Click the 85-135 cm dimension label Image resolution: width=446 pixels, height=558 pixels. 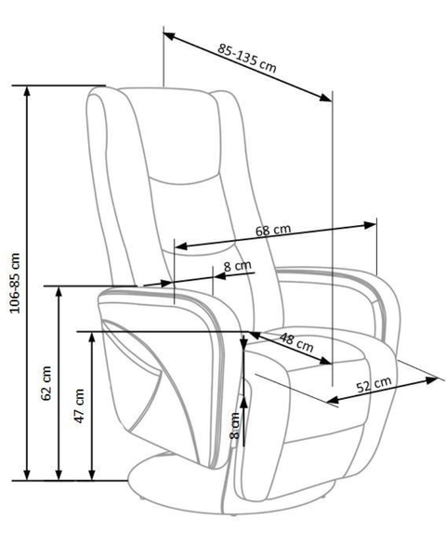pyautogui.click(x=246, y=58)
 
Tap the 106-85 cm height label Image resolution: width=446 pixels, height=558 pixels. pyautogui.click(x=15, y=283)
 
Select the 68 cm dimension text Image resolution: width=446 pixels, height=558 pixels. pyautogui.click(x=273, y=231)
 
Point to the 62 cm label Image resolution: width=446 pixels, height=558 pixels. pyautogui.click(x=46, y=383)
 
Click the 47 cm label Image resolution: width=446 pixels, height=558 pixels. pyautogui.click(x=79, y=405)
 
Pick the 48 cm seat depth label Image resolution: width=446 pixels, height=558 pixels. pyautogui.click(x=295, y=342)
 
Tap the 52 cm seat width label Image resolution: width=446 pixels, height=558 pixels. pyautogui.click(x=374, y=384)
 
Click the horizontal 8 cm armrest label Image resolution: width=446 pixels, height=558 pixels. pyautogui.click(x=237, y=266)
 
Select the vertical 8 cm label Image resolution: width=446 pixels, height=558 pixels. pyautogui.click(x=235, y=426)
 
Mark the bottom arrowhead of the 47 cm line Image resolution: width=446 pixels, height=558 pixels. pyautogui.click(x=92, y=474)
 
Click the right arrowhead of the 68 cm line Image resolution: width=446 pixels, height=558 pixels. pyautogui.click(x=370, y=225)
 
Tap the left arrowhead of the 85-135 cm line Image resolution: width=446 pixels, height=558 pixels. pyautogui.click(x=169, y=35)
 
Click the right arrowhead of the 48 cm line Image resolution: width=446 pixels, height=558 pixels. pyautogui.click(x=326, y=361)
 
